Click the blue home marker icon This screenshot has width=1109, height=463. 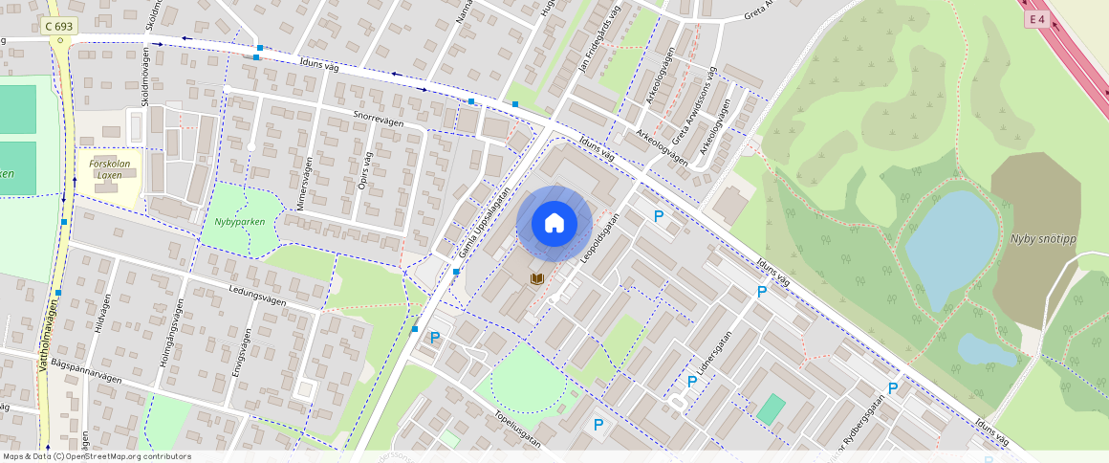[x=554, y=224]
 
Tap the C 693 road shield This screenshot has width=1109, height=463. [x=59, y=28]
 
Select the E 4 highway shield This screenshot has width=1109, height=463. [x=1036, y=19]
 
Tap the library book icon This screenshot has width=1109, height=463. [x=538, y=278]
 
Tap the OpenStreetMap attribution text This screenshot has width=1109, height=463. [x=97, y=456]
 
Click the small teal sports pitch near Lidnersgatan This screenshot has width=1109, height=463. [x=771, y=409]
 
